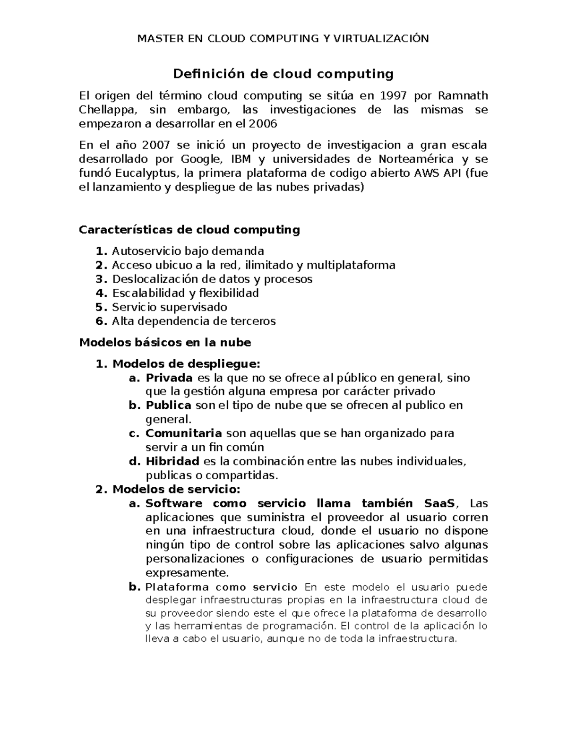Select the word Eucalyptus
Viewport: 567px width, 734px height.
[x=146, y=173]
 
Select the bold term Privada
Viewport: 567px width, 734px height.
[x=169, y=378]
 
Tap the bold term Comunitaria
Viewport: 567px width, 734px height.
[x=183, y=433]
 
